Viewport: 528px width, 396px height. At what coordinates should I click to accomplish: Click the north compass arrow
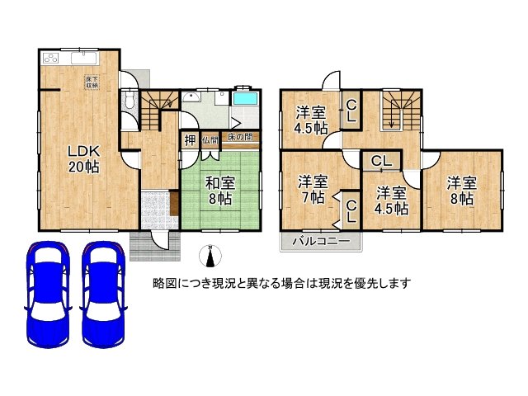[210, 257]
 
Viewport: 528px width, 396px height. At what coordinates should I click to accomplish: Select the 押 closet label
[190, 140]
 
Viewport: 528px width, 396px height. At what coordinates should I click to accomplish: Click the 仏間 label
[209, 140]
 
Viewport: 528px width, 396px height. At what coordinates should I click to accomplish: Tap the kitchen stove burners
[51, 60]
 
